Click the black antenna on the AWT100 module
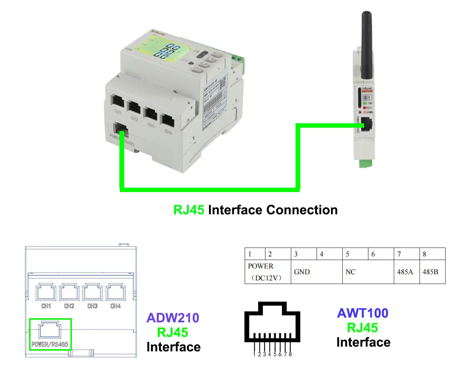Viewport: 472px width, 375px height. [366, 44]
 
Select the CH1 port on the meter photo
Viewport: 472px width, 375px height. [118, 101]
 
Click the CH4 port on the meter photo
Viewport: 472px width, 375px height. [167, 120]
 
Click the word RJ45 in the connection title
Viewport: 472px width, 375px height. [188, 210]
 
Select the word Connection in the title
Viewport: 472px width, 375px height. [302, 210]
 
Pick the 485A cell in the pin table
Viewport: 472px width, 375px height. [405, 272]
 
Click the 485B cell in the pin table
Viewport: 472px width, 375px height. [430, 272]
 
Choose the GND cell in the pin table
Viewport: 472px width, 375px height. [302, 272]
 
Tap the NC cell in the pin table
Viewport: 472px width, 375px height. [350, 272]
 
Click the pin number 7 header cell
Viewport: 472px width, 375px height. [399, 254]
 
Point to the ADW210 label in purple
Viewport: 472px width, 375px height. [173, 318]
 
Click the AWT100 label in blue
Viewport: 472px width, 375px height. [363, 313]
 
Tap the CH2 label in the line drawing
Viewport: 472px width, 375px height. [69, 306]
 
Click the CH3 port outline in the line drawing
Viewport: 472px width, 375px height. [92, 292]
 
